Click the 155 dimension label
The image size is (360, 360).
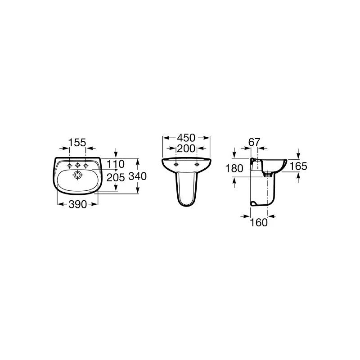click(77, 143)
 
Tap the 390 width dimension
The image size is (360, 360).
click(77, 204)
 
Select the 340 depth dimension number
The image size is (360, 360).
click(137, 176)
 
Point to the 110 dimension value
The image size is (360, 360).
click(116, 164)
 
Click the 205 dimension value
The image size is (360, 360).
click(116, 177)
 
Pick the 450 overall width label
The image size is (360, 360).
click(186, 138)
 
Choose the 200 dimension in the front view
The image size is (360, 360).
click(186, 148)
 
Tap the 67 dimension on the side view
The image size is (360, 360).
click(254, 142)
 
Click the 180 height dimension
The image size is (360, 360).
click(234, 168)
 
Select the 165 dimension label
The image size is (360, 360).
click(298, 166)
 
